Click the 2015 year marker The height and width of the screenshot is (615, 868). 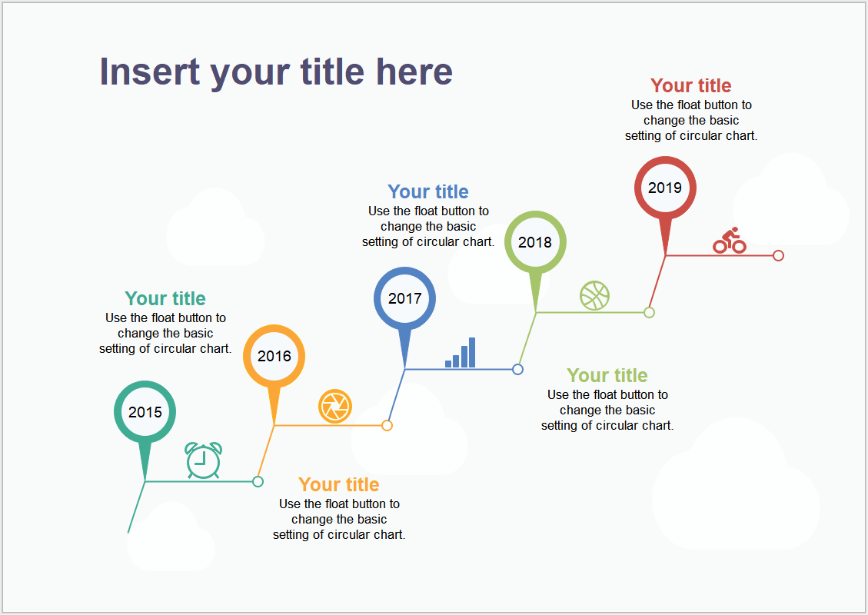click(145, 412)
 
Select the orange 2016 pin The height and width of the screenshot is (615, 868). click(274, 356)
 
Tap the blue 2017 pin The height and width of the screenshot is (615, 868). click(404, 298)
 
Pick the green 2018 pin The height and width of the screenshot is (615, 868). click(535, 242)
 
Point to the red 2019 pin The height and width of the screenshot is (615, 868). click(665, 188)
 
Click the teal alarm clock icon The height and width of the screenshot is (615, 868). click(204, 460)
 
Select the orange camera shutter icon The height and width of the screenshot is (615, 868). click(335, 407)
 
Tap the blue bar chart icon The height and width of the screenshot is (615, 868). click(460, 353)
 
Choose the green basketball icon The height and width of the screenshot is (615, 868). click(594, 296)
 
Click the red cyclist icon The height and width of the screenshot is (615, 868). click(730, 241)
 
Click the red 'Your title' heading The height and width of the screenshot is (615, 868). click(691, 86)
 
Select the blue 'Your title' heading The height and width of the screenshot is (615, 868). click(428, 191)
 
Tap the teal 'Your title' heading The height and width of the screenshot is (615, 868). click(165, 298)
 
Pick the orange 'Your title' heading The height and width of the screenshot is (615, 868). click(339, 484)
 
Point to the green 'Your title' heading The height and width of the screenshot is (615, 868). click(607, 375)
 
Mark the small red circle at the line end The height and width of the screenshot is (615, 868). click(778, 256)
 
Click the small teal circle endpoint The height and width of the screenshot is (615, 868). click(258, 481)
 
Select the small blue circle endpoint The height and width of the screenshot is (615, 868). click(517, 369)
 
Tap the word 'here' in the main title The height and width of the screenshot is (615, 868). click(414, 72)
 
